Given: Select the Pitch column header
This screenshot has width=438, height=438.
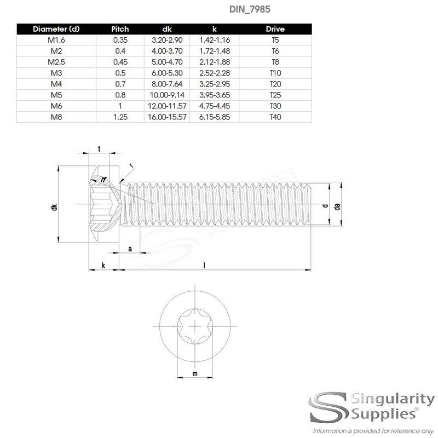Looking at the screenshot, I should (120, 29).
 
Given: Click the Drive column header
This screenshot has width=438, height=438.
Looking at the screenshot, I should (275, 29).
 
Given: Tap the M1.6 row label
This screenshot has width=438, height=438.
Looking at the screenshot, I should (57, 40).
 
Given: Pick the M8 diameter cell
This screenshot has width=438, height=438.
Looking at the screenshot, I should (57, 117).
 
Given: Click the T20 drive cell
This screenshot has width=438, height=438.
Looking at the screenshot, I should (275, 84).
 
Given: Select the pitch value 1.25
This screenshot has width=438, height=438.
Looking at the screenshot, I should (120, 117).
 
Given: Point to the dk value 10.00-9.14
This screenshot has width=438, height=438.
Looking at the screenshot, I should (166, 95).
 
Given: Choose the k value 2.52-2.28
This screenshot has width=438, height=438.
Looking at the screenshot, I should (214, 73).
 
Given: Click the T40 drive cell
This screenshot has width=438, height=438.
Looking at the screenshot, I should (275, 117).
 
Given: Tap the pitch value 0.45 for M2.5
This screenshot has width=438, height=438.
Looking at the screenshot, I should (120, 62).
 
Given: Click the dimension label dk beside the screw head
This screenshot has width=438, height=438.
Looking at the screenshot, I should (54, 207).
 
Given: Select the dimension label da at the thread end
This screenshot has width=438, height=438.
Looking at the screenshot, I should (337, 206).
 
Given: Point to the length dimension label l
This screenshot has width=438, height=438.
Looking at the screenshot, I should (204, 265).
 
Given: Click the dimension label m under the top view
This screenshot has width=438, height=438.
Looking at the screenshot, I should (195, 374).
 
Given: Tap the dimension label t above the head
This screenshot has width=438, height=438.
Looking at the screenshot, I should (99, 149).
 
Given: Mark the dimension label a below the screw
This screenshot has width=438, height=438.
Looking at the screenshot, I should (130, 249).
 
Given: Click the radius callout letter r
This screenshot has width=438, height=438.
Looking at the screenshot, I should (131, 166).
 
